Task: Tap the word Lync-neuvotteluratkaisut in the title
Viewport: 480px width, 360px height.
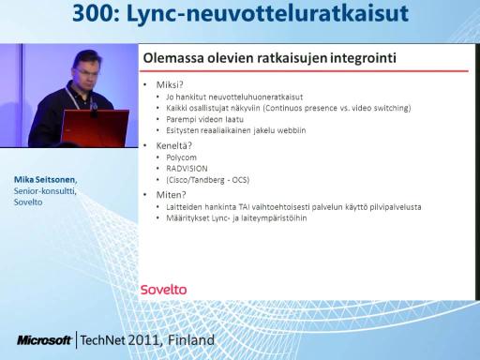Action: point(267,14)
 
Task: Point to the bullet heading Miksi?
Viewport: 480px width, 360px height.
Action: point(170,84)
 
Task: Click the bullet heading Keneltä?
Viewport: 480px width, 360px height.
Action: point(173,145)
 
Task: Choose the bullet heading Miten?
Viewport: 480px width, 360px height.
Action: point(171,195)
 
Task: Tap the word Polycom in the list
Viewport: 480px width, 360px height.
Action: point(181,157)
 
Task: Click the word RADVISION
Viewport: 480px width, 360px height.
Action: point(187,169)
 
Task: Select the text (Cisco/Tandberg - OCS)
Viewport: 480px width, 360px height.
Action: point(208,180)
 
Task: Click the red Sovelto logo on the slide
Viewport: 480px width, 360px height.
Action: point(163,290)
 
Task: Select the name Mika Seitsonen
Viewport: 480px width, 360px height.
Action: point(45,180)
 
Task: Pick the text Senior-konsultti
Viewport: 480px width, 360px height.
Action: point(45,191)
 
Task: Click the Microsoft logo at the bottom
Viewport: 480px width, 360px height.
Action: point(44,340)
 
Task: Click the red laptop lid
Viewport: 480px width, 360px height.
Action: point(95,127)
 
